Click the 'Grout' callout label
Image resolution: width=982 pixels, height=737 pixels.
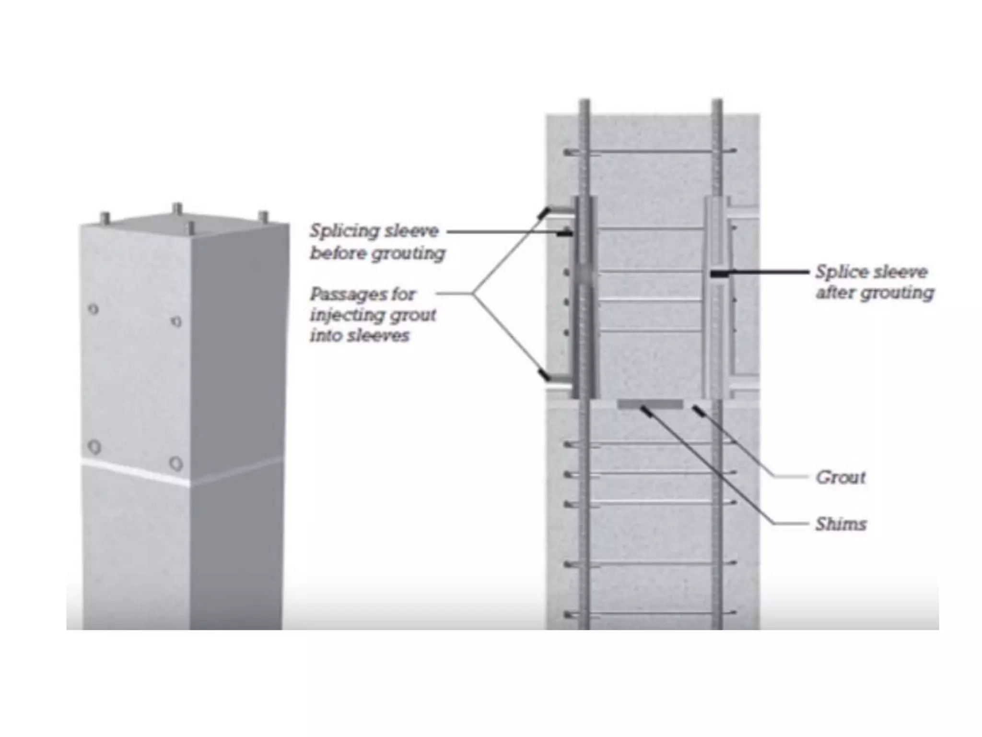point(841,477)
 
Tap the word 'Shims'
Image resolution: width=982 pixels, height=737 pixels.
point(841,524)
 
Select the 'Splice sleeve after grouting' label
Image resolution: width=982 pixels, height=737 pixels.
point(875,282)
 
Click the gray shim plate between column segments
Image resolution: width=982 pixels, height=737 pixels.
point(650,405)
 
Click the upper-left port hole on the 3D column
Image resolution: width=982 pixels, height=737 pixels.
point(94,309)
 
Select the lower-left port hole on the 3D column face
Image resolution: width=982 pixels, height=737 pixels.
point(95,447)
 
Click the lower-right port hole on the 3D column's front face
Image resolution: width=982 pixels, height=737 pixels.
point(176,464)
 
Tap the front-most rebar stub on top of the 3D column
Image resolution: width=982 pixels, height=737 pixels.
point(191,228)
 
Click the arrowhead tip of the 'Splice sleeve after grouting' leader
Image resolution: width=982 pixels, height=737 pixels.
point(713,274)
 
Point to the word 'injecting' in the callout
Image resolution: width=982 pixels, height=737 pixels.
point(343,315)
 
